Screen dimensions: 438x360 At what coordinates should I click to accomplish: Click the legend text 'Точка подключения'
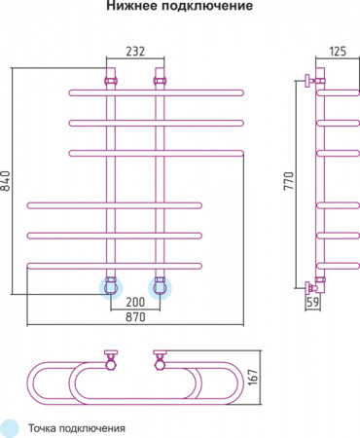pyautogui.click(x=78, y=427)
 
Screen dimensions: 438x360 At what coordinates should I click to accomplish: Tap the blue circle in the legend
pyautogui.click(x=11, y=426)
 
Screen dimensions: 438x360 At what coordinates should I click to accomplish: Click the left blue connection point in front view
pyautogui.click(x=111, y=286)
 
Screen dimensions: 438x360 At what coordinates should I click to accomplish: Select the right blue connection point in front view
pyautogui.click(x=161, y=286)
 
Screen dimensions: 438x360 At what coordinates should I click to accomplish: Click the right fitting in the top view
pyautogui.click(x=159, y=361)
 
